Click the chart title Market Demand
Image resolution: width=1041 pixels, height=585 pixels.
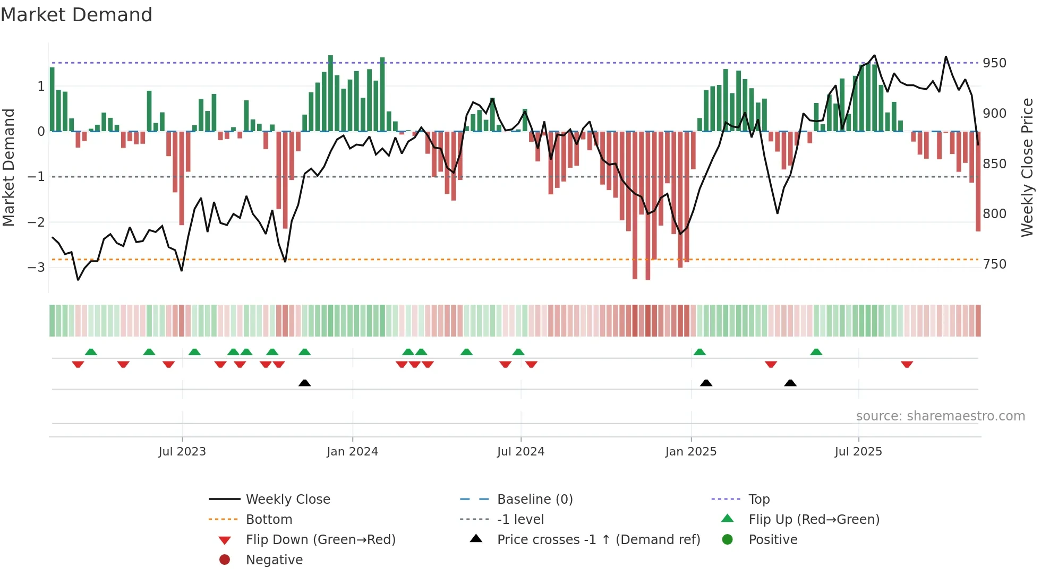pos(76,15)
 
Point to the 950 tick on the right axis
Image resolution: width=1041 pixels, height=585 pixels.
pos(994,63)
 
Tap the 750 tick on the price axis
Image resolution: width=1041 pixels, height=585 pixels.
pos(994,264)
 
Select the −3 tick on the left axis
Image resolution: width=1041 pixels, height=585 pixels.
pos(37,267)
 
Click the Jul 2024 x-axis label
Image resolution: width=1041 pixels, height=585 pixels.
pos(520,452)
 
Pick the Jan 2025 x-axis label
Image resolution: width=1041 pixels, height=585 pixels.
pos(690,452)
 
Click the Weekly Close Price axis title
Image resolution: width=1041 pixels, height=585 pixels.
pos(1027,167)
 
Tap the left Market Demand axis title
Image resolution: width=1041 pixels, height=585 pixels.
pos(9,167)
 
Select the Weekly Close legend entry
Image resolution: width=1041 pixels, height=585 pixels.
pos(287,500)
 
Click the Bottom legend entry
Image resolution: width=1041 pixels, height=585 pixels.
pos(269,520)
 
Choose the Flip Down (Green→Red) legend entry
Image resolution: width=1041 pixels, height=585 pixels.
pos(320,540)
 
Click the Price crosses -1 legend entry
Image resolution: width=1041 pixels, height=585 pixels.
pos(598,540)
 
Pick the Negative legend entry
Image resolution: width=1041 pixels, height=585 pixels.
pos(274,560)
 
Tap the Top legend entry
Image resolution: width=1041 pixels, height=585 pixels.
pos(758,500)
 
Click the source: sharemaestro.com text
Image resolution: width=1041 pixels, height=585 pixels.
pos(940,416)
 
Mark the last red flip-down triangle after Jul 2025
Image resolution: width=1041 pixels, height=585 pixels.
pos(907,364)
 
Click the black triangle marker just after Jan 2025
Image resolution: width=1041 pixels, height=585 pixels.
pos(706,383)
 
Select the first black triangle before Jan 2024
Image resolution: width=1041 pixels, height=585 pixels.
pos(304,383)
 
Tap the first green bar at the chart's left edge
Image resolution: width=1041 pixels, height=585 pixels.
pos(52,99)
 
